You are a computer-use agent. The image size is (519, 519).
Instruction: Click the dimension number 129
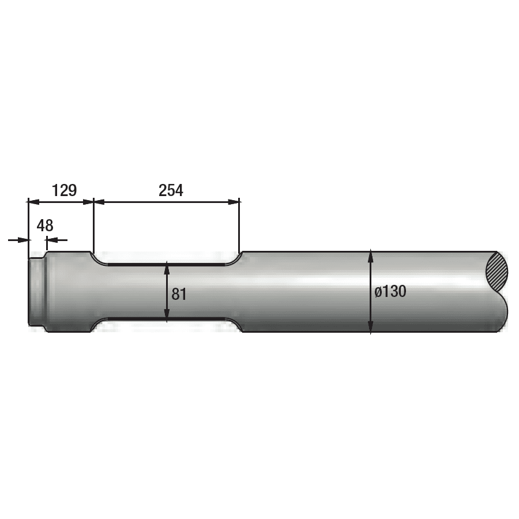[x=65, y=190]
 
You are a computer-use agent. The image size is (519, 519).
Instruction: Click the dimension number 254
[x=171, y=190]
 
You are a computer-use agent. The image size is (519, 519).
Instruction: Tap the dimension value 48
[x=45, y=225]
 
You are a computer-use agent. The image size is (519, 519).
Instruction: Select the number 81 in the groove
[x=179, y=294]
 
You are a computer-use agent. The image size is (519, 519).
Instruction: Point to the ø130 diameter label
[x=390, y=292]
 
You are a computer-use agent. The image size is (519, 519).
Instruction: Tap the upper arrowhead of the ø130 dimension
[x=371, y=256]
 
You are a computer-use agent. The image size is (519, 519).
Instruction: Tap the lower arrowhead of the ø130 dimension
[x=371, y=326]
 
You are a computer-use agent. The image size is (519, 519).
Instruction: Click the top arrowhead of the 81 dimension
[x=167, y=268]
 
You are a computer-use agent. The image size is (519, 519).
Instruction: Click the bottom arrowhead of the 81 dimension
[x=167, y=315]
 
